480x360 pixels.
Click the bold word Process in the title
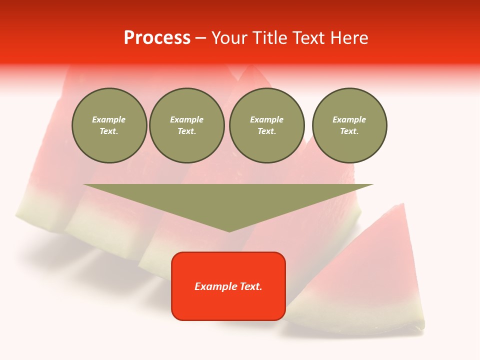point(157,38)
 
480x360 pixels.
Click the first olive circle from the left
point(109,125)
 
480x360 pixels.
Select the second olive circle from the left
point(186,125)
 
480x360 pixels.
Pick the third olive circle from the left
point(266,125)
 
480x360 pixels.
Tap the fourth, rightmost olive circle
point(349,125)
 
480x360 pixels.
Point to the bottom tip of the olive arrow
point(229,231)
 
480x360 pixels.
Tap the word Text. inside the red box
point(250,286)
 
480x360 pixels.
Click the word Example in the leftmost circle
point(109,119)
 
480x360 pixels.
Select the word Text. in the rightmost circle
point(349,131)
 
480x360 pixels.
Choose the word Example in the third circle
point(266,119)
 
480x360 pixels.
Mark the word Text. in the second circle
point(186,131)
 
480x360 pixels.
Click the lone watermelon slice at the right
point(370,280)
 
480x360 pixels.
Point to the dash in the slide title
point(200,38)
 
